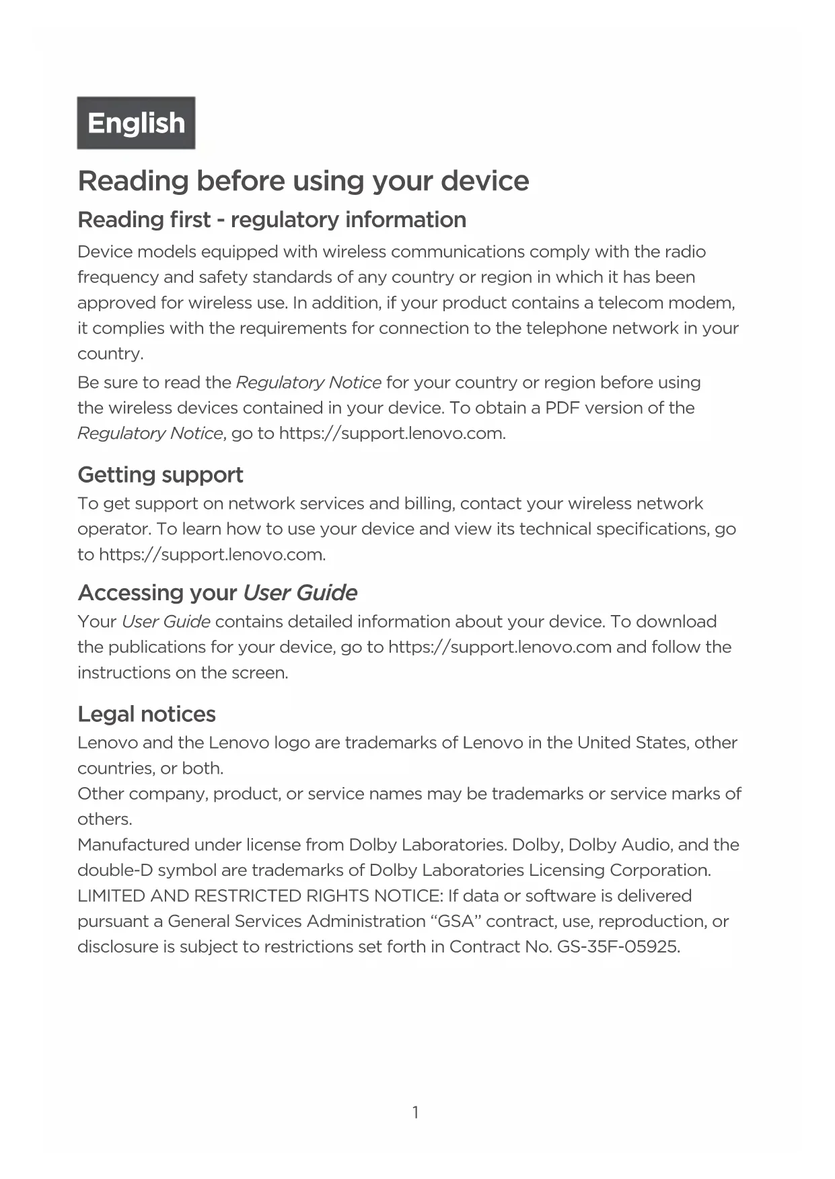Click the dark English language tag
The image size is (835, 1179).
click(136, 123)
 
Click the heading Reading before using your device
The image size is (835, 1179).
click(303, 181)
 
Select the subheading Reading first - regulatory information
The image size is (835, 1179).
click(272, 220)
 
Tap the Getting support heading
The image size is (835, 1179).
click(160, 475)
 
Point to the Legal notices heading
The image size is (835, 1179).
click(147, 714)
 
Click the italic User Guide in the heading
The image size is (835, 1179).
click(300, 593)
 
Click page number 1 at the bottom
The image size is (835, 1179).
click(415, 1113)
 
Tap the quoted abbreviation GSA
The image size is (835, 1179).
click(456, 922)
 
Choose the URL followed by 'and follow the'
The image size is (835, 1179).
click(500, 647)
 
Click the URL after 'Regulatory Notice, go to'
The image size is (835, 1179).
click(392, 434)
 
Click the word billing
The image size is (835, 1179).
click(429, 504)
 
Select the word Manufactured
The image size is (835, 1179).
click(133, 845)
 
